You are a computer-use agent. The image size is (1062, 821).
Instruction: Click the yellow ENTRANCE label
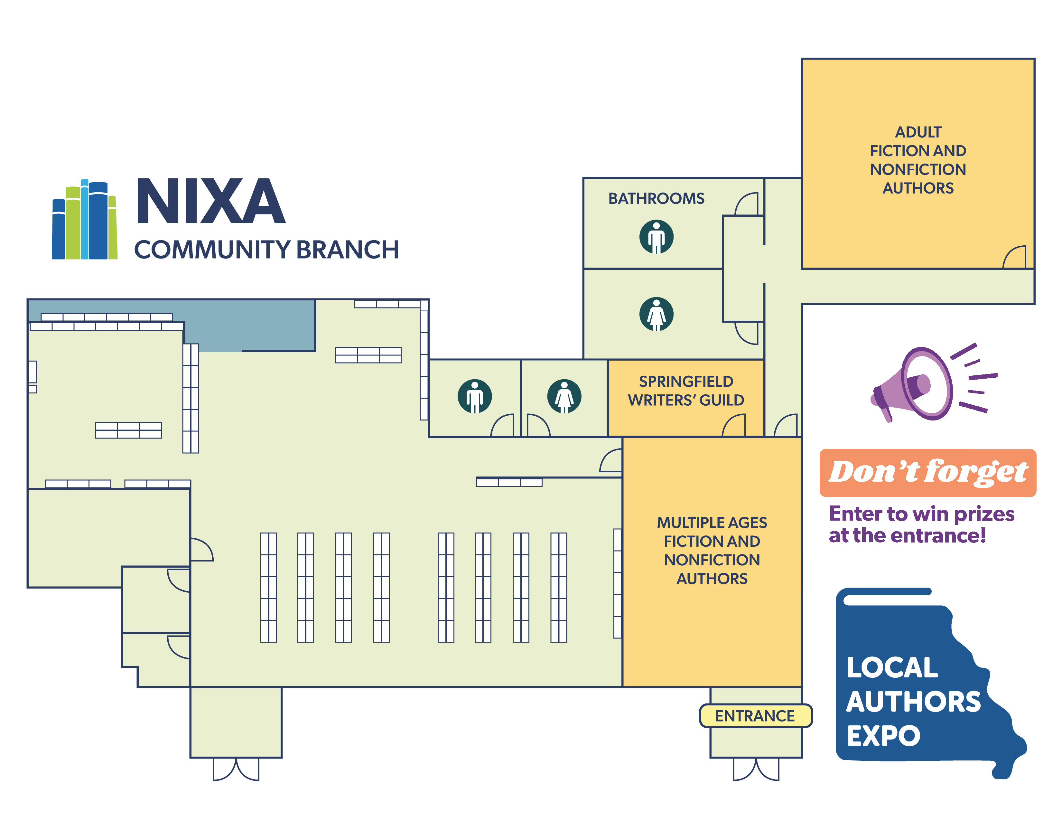(x=755, y=715)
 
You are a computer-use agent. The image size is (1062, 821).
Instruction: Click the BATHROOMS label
(x=656, y=198)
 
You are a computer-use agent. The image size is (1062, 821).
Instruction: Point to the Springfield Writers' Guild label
(x=685, y=391)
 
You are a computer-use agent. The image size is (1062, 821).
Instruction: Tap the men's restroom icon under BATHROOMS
(x=656, y=237)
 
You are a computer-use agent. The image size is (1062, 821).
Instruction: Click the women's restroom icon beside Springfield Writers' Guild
(x=564, y=396)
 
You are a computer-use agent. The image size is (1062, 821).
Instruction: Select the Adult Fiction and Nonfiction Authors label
(x=918, y=160)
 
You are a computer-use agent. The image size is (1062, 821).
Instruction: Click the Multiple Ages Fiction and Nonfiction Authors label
(x=712, y=550)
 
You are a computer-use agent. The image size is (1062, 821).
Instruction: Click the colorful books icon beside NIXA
(x=85, y=220)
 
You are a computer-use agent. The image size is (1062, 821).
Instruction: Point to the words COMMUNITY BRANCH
(x=266, y=250)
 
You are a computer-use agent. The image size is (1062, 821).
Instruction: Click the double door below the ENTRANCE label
(x=756, y=769)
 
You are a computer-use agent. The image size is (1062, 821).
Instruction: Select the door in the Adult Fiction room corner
(x=1015, y=257)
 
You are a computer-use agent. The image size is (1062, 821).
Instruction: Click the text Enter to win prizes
(x=921, y=514)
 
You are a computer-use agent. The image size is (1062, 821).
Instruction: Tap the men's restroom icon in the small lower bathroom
(x=475, y=396)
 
